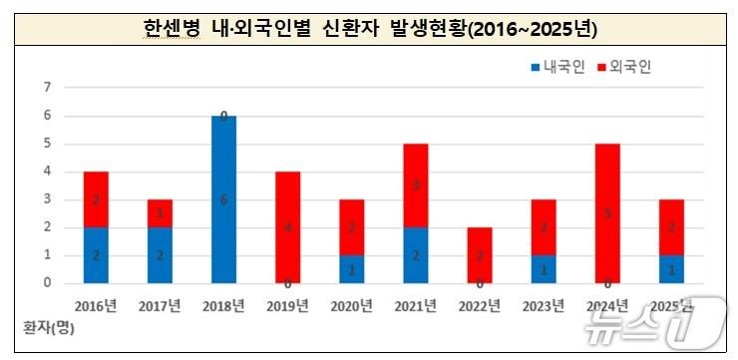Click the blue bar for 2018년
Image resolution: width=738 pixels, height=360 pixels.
pyautogui.click(x=224, y=199)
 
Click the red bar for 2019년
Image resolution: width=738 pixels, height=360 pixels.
pyautogui.click(x=288, y=227)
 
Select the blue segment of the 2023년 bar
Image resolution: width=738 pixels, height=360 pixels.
pyautogui.click(x=545, y=269)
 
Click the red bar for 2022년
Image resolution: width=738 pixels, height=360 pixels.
pyautogui.click(x=481, y=255)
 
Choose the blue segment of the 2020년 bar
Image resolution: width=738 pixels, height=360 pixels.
pyautogui.click(x=352, y=269)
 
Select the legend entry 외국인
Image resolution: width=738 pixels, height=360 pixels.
pyautogui.click(x=622, y=67)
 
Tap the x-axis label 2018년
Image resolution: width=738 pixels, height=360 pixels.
pyautogui.click(x=224, y=305)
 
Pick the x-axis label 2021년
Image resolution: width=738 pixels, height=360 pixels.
pyautogui.click(x=416, y=305)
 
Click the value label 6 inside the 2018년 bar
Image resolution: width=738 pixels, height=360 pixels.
pyautogui.click(x=224, y=199)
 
